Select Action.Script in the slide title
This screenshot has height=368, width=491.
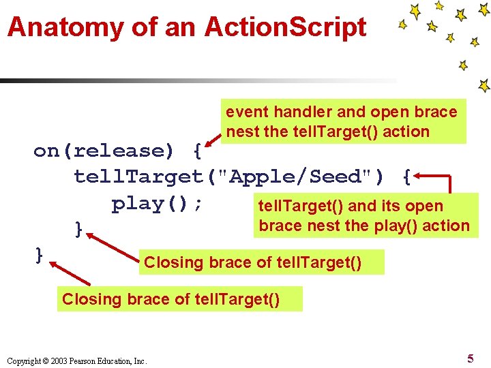(285, 27)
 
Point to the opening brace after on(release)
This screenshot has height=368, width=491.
(196, 151)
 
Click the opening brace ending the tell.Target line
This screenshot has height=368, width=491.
(406, 177)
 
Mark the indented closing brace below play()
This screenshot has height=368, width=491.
(79, 229)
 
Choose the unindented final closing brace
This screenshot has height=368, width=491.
(40, 255)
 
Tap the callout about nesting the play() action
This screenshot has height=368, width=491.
(363, 216)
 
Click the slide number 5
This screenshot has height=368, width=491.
(471, 358)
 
